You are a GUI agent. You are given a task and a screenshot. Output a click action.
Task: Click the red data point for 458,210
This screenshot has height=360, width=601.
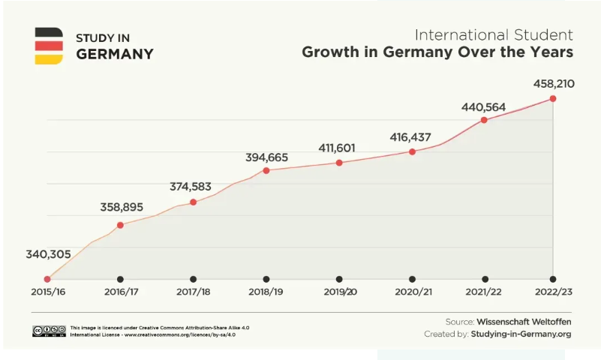pyautogui.click(x=553, y=98)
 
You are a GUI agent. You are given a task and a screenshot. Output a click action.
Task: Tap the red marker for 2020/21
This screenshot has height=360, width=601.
pyautogui.click(x=412, y=151)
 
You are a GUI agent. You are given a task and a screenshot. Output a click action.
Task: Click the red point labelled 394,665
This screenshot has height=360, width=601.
pyautogui.click(x=266, y=170)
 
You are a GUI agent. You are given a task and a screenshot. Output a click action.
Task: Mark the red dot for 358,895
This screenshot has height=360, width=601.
pyautogui.click(x=120, y=224)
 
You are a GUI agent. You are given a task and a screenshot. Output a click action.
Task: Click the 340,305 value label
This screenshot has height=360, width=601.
pyautogui.click(x=48, y=254)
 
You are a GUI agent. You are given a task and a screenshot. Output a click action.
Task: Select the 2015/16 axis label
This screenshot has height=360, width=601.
pyautogui.click(x=47, y=291)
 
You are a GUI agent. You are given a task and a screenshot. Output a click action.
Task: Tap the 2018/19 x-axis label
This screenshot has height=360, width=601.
pyautogui.click(x=266, y=291)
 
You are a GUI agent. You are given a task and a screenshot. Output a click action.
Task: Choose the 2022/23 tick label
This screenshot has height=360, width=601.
pyautogui.click(x=554, y=291)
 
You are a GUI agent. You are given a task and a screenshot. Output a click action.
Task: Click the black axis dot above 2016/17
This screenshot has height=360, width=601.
pyautogui.click(x=120, y=279)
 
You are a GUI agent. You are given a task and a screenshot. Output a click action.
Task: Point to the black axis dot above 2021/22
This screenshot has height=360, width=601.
pyautogui.click(x=485, y=279)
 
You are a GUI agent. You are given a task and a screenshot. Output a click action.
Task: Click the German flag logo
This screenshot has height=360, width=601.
pyautogui.click(x=49, y=46)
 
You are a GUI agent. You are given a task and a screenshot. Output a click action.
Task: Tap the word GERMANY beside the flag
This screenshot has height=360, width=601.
pyautogui.click(x=115, y=54)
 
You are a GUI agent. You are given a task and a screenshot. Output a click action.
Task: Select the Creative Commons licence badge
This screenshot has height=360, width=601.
pyautogui.click(x=49, y=331)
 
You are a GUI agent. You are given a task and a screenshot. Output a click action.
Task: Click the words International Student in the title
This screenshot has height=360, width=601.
pyautogui.click(x=494, y=35)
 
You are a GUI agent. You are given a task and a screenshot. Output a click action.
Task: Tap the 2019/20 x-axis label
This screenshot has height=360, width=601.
pyautogui.click(x=339, y=291)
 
